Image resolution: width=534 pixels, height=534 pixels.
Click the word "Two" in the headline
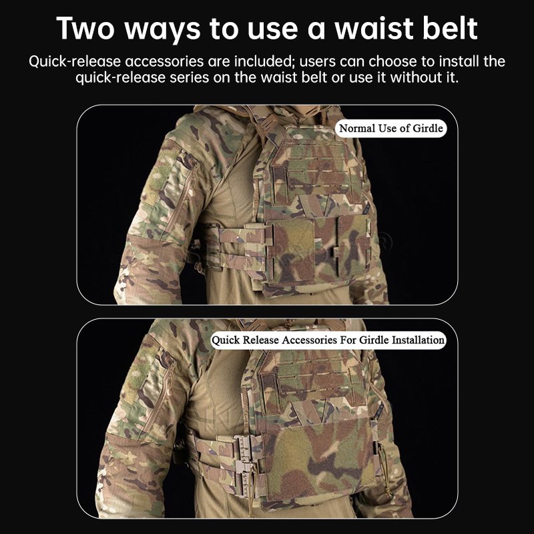click(85, 29)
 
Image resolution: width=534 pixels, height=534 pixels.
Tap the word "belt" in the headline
click(449, 28)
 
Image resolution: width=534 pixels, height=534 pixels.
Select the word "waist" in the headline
click(374, 28)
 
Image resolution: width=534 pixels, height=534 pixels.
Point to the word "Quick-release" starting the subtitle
click(75, 62)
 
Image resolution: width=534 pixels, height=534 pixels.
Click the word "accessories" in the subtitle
click(164, 62)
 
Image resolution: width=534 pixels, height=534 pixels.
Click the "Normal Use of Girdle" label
click(391, 128)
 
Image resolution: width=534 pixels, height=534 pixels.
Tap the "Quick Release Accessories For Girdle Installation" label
click(328, 340)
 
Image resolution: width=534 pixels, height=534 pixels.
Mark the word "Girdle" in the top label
click(428, 128)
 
